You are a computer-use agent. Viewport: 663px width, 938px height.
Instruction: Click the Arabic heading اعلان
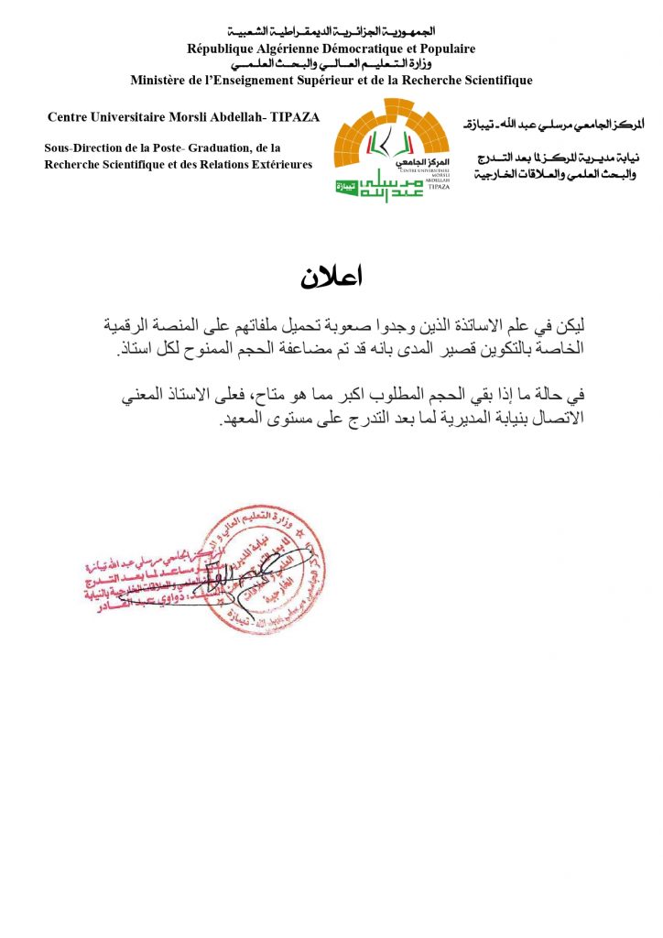pyautogui.click(x=331, y=276)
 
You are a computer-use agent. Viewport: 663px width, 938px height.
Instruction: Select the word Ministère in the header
pyautogui.click(x=161, y=81)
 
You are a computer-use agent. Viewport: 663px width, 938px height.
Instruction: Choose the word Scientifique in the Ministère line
pyautogui.click(x=494, y=81)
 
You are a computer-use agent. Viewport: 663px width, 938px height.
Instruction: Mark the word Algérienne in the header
pyautogui.click(x=301, y=49)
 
